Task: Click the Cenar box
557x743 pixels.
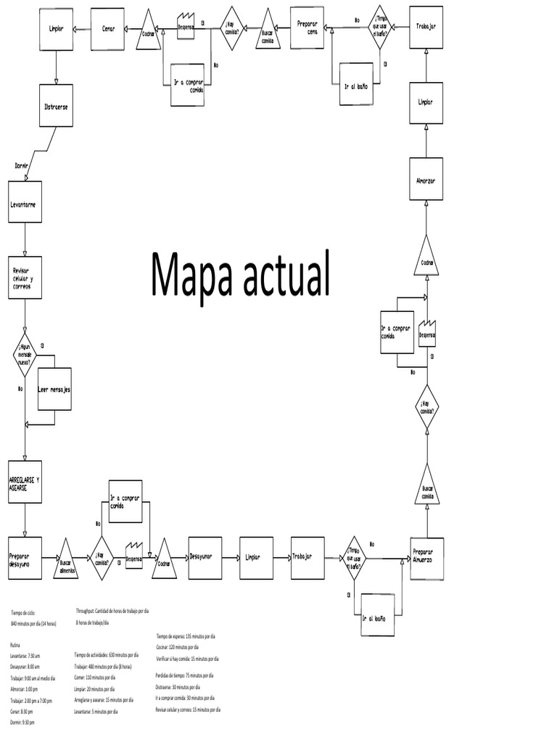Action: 107,29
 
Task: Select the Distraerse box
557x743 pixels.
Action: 57,106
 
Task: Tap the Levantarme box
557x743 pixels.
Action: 25,202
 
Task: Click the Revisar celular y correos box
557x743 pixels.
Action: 25,277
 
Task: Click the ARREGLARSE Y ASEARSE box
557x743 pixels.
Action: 25,482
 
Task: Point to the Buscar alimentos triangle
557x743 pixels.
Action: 65,560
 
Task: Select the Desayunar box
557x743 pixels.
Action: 205,558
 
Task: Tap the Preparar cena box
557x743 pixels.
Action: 308,28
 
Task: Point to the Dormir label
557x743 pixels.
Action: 22,165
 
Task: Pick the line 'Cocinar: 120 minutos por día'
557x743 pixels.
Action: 176,646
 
